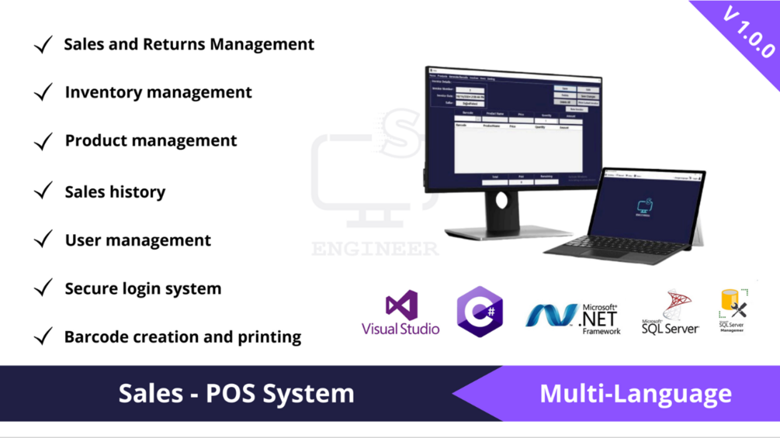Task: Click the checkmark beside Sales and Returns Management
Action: click(43, 45)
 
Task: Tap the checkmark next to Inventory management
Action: click(43, 93)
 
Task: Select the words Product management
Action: click(151, 140)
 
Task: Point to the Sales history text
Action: click(115, 191)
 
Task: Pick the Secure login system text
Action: click(143, 288)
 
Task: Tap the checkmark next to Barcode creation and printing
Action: click(43, 336)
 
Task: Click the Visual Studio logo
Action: click(400, 312)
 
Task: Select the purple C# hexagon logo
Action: click(480, 312)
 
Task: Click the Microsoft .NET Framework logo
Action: click(574, 316)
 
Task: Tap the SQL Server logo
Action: click(671, 312)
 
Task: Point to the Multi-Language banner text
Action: click(635, 393)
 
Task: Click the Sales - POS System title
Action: click(236, 393)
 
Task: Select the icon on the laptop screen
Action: click(644, 205)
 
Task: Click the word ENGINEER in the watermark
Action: click(375, 249)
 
